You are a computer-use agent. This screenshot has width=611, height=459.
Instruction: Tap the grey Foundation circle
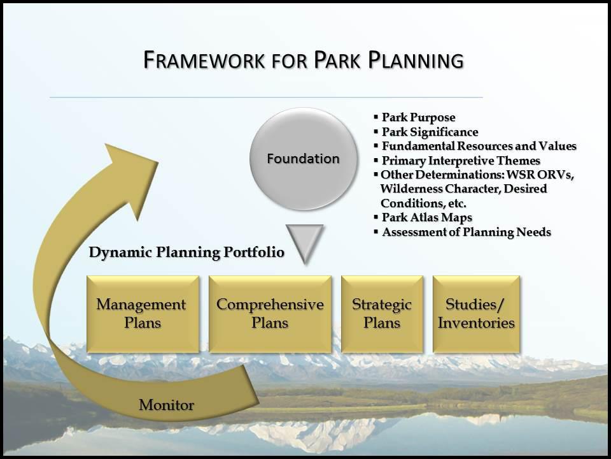[x=302, y=159]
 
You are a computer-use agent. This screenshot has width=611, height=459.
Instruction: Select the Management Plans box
[x=142, y=314]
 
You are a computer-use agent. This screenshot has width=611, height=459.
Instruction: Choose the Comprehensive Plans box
[x=270, y=314]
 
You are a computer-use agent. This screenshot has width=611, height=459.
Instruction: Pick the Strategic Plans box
[x=382, y=314]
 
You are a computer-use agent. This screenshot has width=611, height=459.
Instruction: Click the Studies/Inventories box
[x=476, y=314]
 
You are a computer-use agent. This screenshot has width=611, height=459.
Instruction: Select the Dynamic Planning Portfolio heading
[x=186, y=252]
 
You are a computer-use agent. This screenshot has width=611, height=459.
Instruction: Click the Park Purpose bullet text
[x=418, y=117]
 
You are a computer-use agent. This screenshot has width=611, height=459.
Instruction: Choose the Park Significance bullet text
[x=430, y=132]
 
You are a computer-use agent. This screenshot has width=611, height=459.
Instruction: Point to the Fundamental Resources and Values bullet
[x=479, y=146]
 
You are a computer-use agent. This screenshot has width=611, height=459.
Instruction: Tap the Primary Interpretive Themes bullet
[x=461, y=161]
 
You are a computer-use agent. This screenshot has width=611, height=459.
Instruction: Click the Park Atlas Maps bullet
[x=426, y=218]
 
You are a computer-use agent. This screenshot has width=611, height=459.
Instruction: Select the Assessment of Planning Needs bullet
[x=466, y=232]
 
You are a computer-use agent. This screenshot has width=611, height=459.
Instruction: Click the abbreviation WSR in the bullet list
[x=517, y=175]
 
